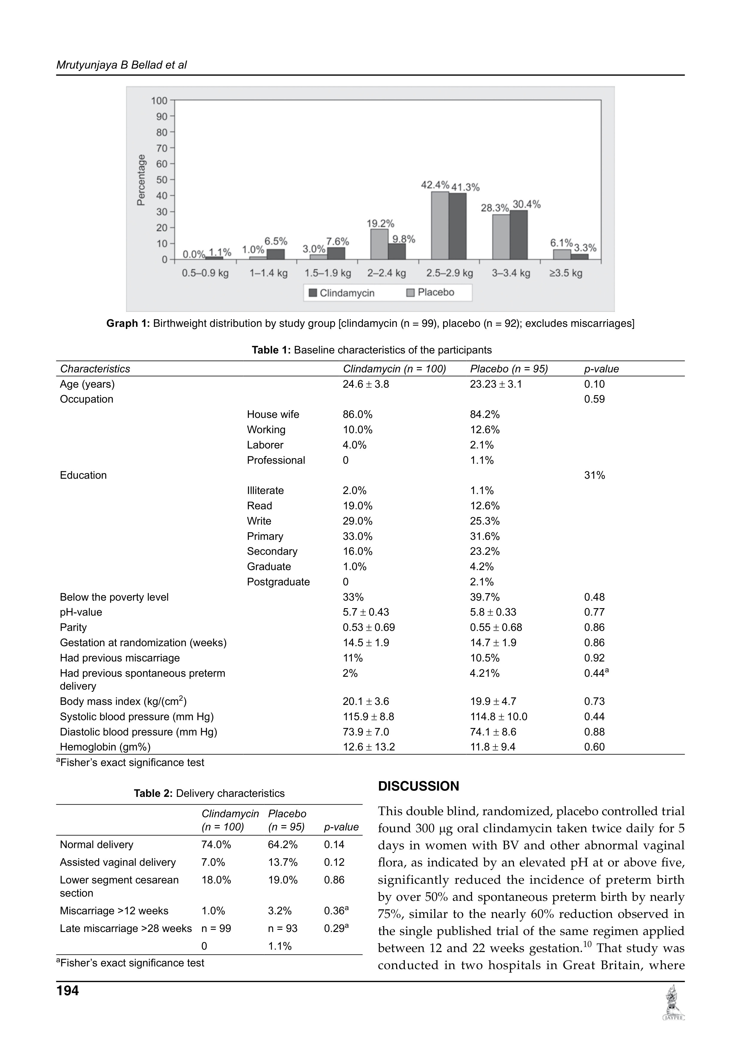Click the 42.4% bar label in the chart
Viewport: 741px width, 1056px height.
click(434, 185)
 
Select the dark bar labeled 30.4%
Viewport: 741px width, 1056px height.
click(519, 235)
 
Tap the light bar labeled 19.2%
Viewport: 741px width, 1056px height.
click(379, 244)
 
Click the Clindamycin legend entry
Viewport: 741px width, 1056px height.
click(342, 293)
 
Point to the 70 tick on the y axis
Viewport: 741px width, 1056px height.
click(162, 148)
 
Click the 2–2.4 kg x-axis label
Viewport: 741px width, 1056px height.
click(386, 273)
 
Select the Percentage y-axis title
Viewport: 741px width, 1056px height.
click(141, 180)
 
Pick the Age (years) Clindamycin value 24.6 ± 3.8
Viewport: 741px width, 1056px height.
click(366, 384)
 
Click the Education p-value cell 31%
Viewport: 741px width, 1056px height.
click(594, 475)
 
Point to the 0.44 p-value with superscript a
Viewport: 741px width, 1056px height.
click(596, 673)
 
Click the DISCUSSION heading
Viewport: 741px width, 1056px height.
click(418, 786)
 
